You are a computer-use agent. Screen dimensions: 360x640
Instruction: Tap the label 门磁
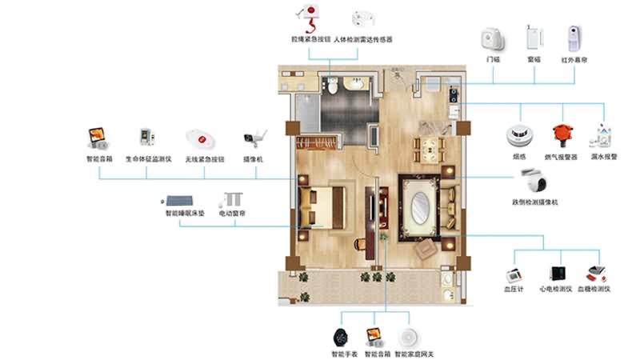point(494,59)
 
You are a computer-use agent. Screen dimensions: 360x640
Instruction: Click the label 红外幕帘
point(574,59)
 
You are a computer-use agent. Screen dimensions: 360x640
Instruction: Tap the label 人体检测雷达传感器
point(362,39)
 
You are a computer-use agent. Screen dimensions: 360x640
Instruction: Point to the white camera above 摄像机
point(254,138)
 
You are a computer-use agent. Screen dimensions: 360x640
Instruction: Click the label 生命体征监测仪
point(146,159)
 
